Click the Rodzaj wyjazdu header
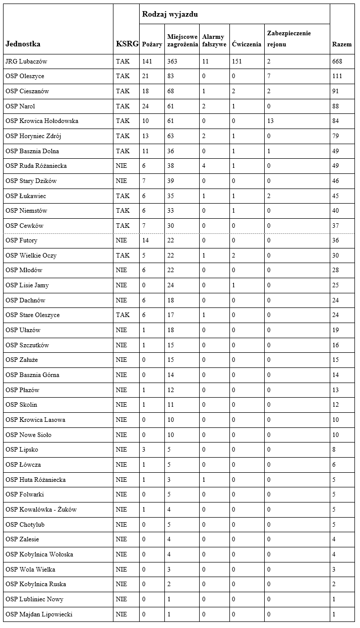point(170,14)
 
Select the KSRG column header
point(127,44)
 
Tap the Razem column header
point(342,44)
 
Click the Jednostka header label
point(23,44)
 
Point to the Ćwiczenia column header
point(247,44)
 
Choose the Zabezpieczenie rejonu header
point(289,39)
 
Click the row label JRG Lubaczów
point(26,61)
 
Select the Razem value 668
point(337,61)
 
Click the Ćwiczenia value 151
point(237,61)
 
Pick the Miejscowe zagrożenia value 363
point(172,61)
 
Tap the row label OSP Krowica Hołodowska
point(42,121)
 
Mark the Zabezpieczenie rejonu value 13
point(270,121)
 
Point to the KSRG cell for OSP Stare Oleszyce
point(123,315)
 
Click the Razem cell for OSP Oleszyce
point(337,76)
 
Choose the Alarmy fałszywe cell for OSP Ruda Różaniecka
point(204,166)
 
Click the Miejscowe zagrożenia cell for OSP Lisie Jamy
point(170,285)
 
